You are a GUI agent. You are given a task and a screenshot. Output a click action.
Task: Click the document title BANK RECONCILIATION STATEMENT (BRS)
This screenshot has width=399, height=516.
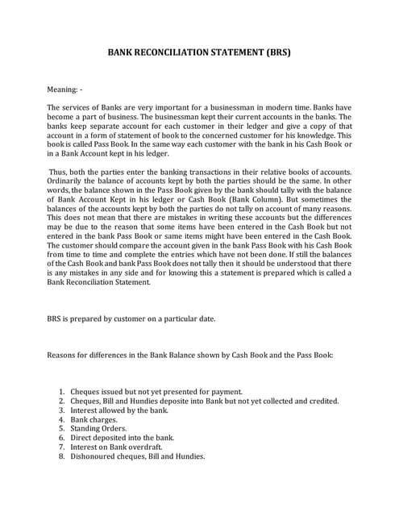(x=199, y=53)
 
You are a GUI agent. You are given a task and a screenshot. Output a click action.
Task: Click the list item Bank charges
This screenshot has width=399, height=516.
(x=93, y=419)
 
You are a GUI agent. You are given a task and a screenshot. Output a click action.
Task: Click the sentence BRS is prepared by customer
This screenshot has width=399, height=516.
(x=131, y=318)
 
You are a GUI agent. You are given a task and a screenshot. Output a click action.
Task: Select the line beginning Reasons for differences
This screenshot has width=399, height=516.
(x=196, y=355)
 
